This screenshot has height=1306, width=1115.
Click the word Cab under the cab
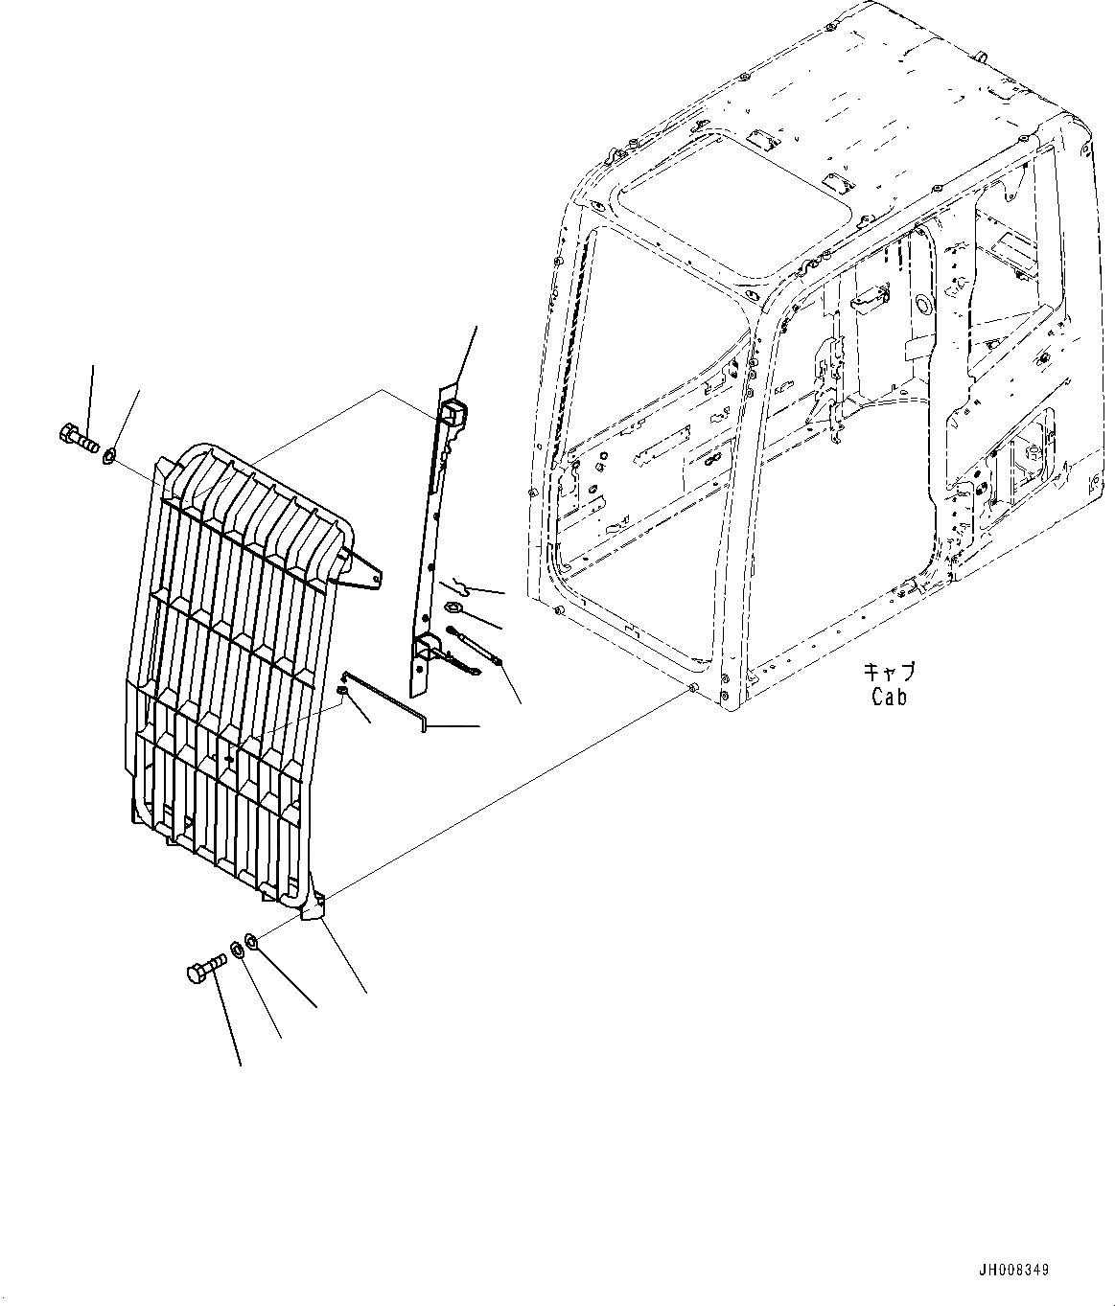(889, 697)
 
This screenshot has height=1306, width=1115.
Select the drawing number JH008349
(1013, 1271)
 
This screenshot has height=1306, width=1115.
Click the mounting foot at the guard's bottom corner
(313, 906)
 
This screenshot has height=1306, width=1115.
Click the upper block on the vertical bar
(453, 413)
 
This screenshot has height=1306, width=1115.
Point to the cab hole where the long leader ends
(692, 690)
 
